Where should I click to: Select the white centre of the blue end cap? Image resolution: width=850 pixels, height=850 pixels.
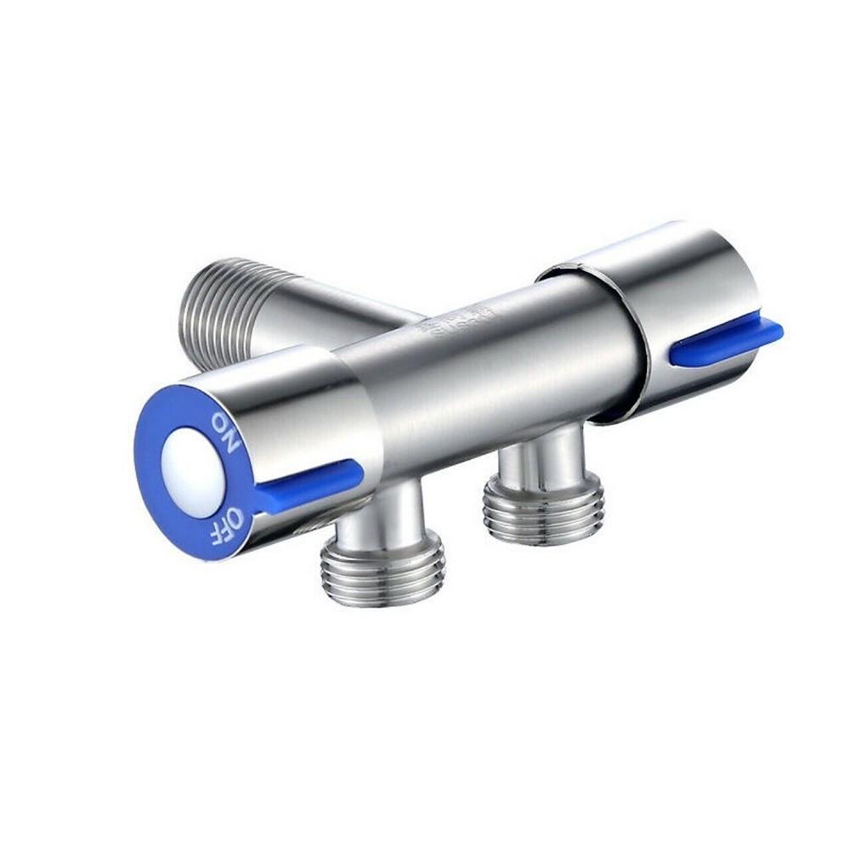coord(194,473)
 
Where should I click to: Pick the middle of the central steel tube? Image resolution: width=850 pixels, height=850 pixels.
coord(484,374)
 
